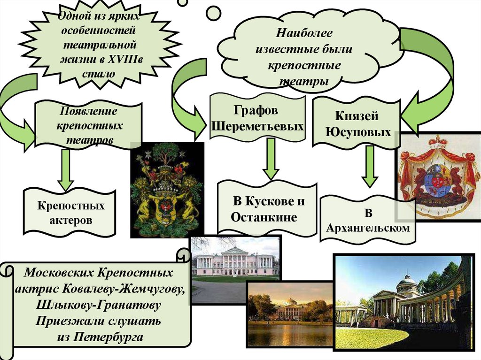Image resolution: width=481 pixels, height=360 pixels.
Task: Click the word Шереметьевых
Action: tap(256, 127)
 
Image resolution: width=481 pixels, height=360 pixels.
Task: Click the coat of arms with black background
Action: tap(167, 190)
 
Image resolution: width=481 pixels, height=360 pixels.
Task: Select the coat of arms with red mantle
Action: tap(438, 176)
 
